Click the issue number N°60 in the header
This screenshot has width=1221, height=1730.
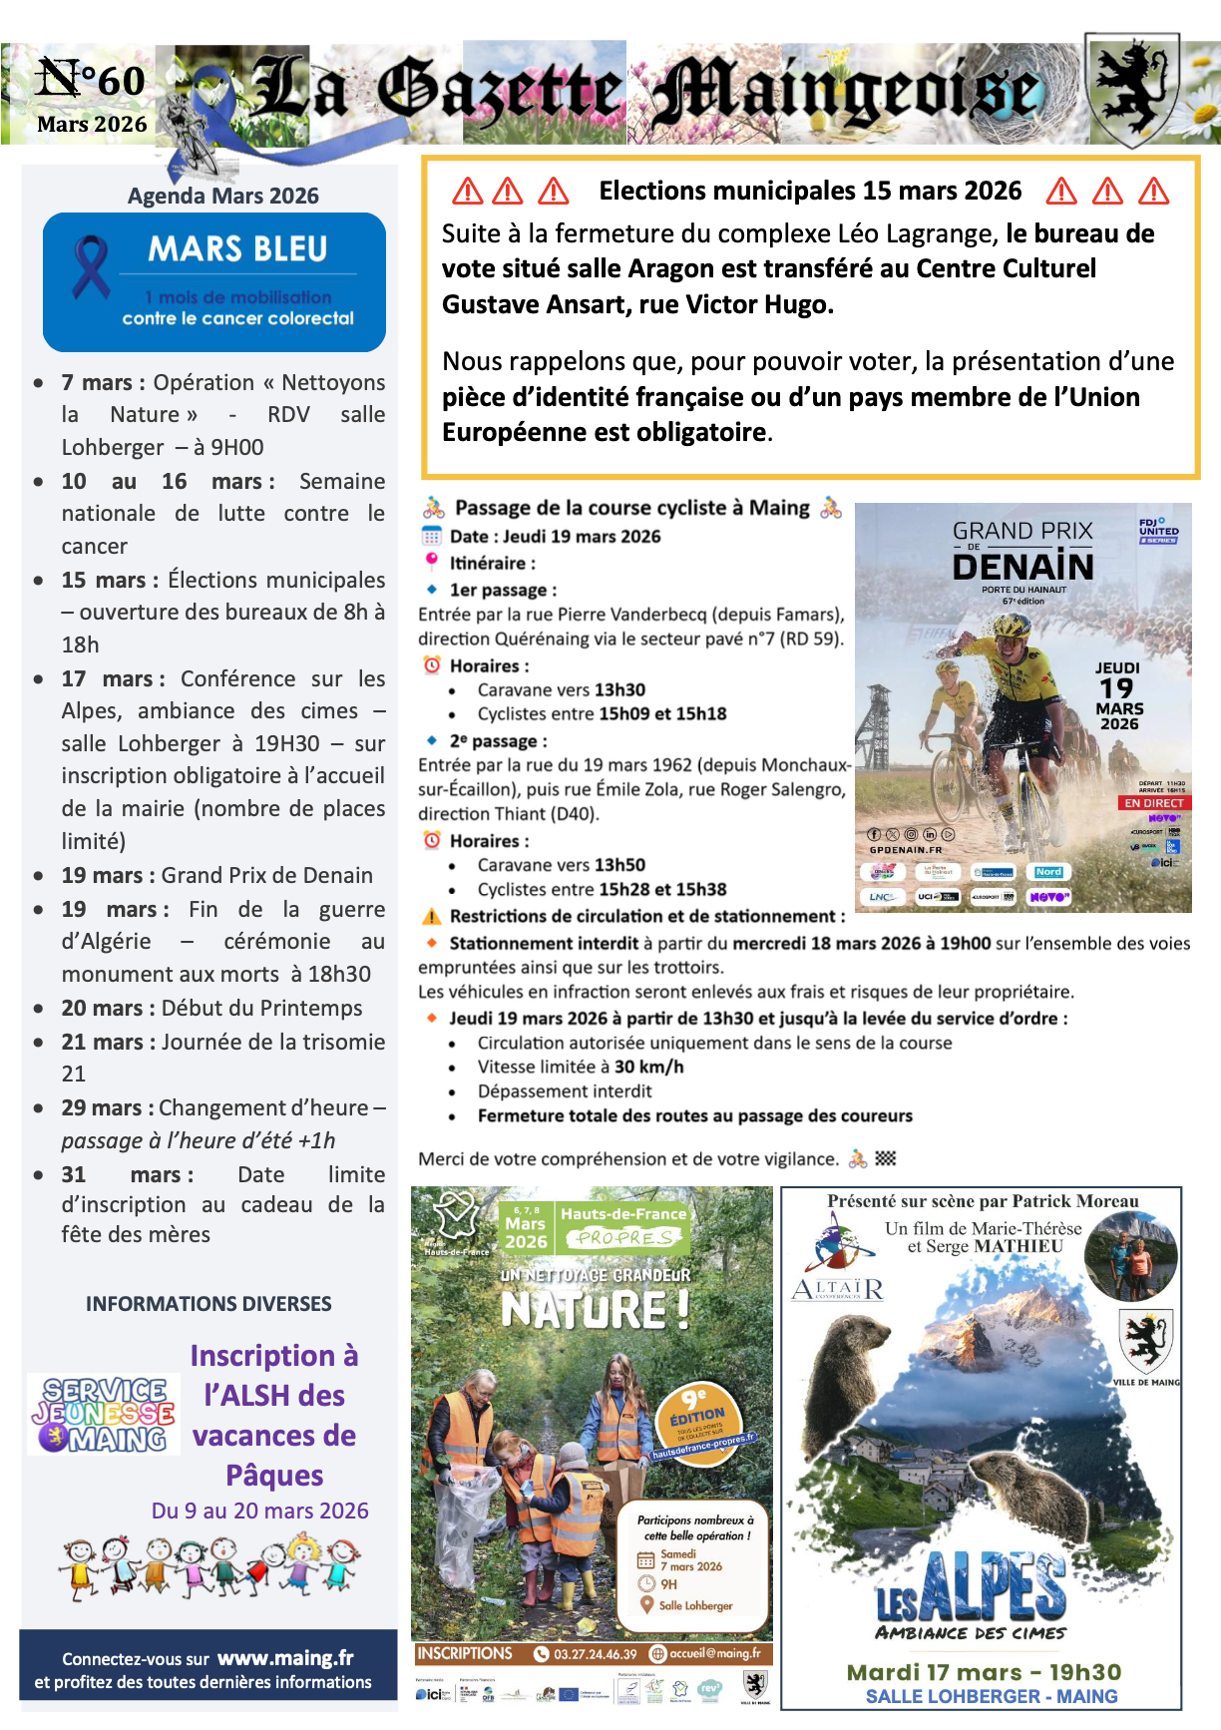(91, 80)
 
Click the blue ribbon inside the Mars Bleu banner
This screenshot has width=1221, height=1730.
(91, 266)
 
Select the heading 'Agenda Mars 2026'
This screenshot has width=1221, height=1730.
(222, 196)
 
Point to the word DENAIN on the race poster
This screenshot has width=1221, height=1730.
(1022, 567)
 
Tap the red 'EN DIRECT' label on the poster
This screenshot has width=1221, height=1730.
(1153, 803)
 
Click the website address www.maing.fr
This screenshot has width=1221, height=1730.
(285, 1658)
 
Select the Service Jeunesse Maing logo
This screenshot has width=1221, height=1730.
(104, 1414)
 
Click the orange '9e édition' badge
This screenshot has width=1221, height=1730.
(697, 1415)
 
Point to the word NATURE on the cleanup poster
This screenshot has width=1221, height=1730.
(595, 1309)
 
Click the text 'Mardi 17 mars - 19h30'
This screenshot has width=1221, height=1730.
(984, 1672)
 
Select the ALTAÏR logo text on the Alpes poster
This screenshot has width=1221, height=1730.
(838, 1290)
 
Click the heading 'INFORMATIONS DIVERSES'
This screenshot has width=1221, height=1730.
(208, 1304)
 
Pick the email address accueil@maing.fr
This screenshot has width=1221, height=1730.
(714, 1653)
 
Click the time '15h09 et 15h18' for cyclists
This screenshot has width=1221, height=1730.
(662, 713)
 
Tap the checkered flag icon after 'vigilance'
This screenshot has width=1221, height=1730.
(886, 1158)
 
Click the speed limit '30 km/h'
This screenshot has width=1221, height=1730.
(648, 1067)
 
